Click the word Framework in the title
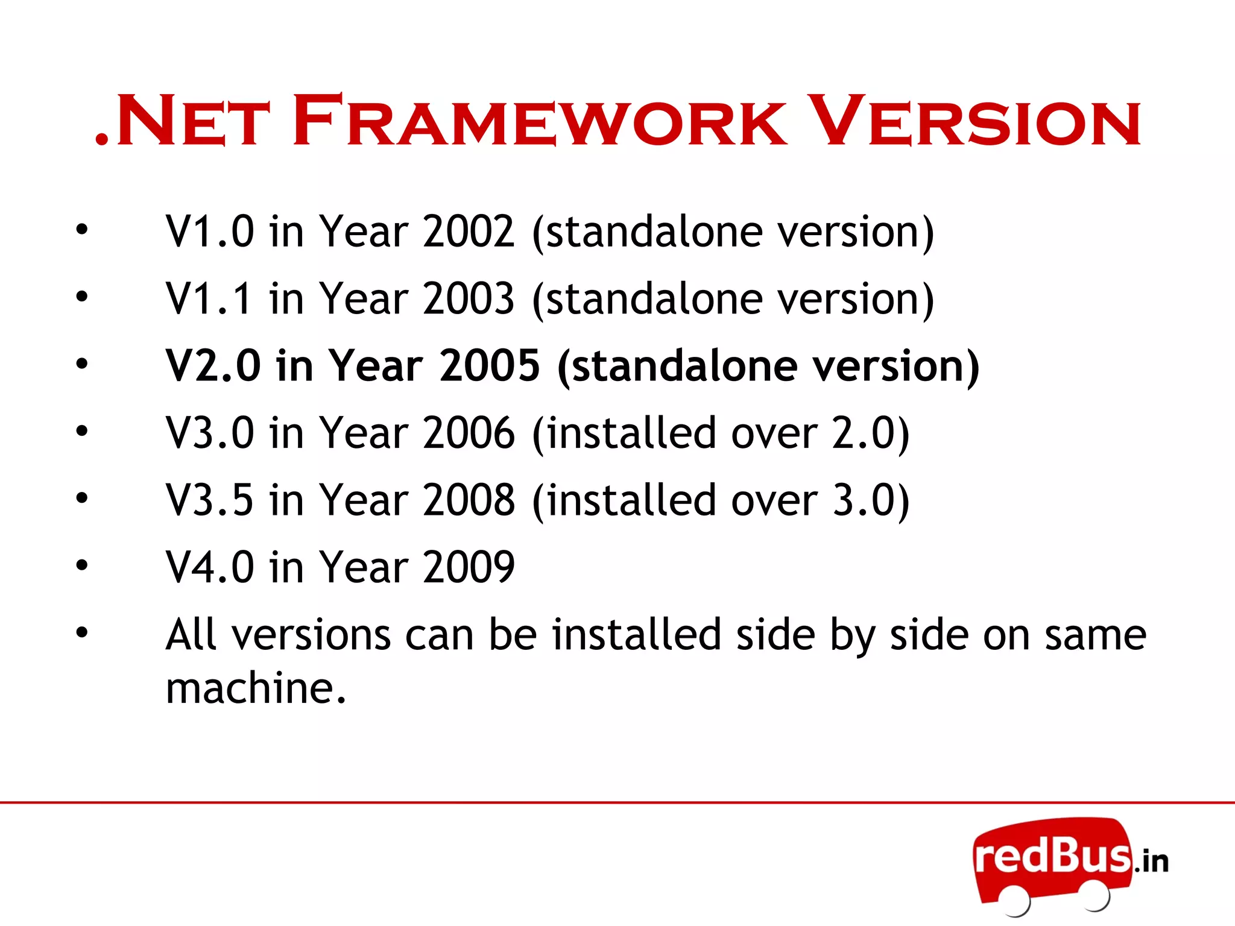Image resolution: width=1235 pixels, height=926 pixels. [x=540, y=122]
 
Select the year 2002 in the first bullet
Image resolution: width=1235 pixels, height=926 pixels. [x=469, y=231]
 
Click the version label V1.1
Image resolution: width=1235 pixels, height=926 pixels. [x=209, y=299]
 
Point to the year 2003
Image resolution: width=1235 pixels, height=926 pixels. [x=469, y=299]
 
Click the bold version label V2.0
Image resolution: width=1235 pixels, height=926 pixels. [x=213, y=366]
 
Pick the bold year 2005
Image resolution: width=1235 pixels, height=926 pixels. [x=489, y=366]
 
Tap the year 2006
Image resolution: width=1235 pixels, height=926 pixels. [x=469, y=433]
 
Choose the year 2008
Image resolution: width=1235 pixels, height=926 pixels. [x=469, y=500]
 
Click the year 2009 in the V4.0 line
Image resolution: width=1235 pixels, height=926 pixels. [x=469, y=568]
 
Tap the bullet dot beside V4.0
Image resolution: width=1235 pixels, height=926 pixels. [x=82, y=565]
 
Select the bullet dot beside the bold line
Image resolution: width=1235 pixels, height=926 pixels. [x=82, y=364]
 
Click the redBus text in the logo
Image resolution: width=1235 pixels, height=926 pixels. [x=1052, y=855]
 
